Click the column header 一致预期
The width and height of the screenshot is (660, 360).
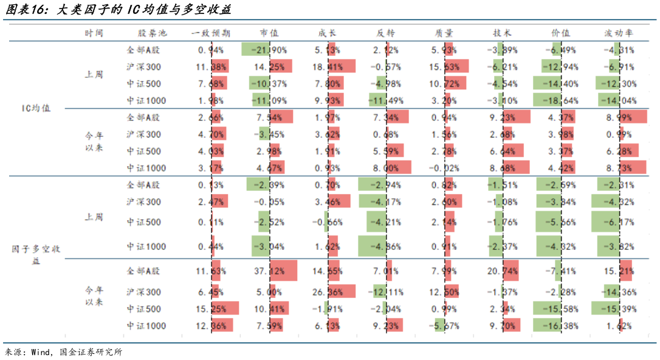pyautogui.click(x=211, y=33)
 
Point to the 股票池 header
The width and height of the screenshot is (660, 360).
pyautogui.click(x=145, y=33)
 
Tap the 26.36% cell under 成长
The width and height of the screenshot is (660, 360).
pyautogui.click(x=328, y=292)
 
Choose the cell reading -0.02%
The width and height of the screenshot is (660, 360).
pyautogui.click(x=445, y=168)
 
